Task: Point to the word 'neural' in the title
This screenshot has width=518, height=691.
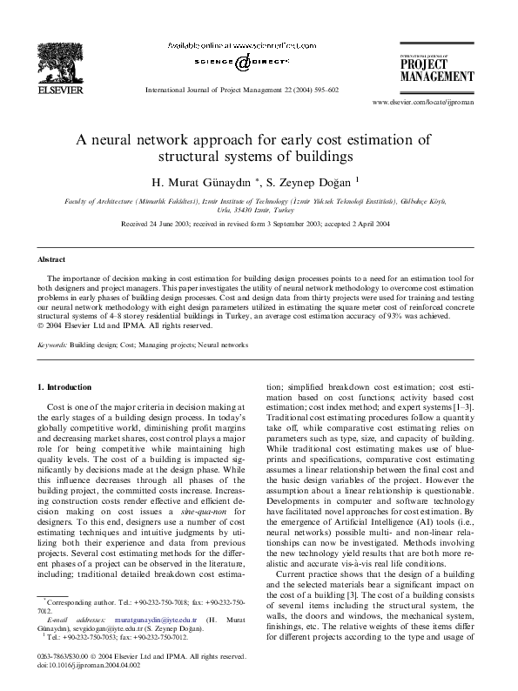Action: tap(158, 141)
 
